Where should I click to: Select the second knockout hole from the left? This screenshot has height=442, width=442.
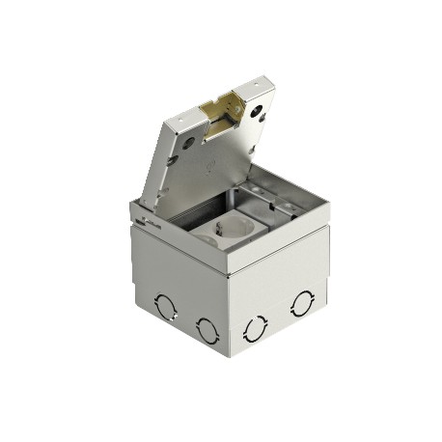206,327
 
